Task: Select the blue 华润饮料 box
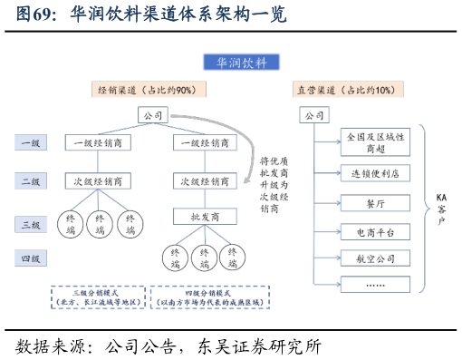(241, 62)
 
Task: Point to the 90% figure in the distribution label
(187, 90)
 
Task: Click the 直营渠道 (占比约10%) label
(348, 90)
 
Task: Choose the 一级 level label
(30, 142)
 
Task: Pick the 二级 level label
(30, 181)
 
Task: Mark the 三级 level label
(30, 224)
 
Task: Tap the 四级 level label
(30, 258)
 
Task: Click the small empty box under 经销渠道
(152, 114)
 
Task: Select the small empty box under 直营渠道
(313, 114)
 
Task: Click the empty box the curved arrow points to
(205, 180)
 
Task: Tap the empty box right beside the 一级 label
(98, 142)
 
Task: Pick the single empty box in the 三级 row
(205, 216)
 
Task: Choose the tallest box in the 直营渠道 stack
(375, 141)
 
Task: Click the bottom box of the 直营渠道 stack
(375, 284)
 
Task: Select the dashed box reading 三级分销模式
(98, 297)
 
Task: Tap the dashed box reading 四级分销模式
(209, 297)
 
